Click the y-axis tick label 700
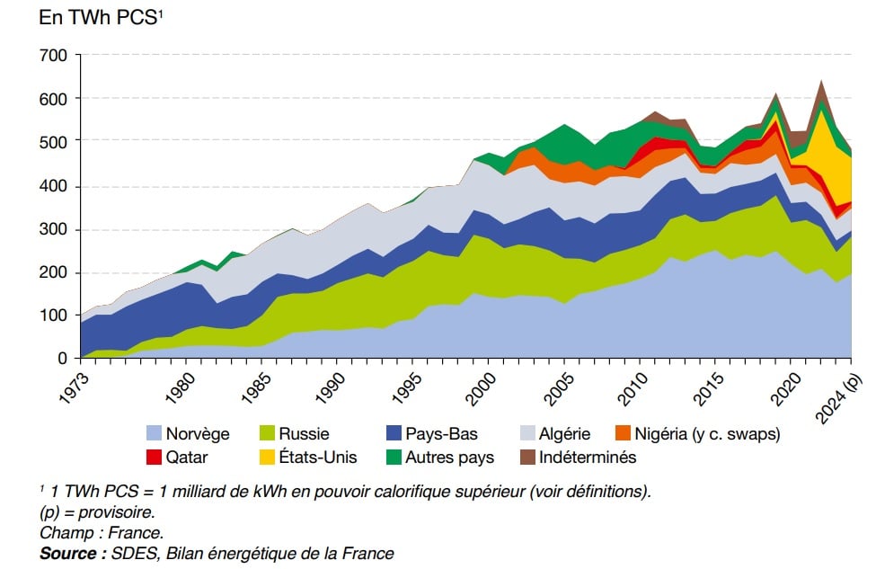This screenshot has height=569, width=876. pyautogui.click(x=55, y=56)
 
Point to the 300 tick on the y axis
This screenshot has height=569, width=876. pyautogui.click(x=55, y=229)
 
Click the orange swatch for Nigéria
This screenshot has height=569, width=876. pyautogui.click(x=620, y=434)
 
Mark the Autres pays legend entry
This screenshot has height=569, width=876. pyautogui.click(x=448, y=458)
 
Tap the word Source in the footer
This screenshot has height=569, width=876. pyautogui.click(x=68, y=554)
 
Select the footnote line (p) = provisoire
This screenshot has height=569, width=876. pyautogui.click(x=97, y=512)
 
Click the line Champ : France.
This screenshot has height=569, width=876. pyautogui.click(x=101, y=533)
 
